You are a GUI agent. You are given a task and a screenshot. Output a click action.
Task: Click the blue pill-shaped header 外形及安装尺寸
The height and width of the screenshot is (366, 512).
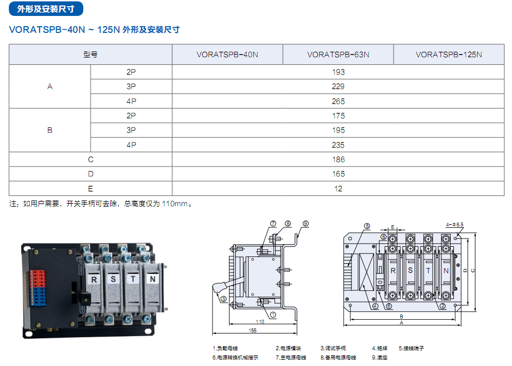[x=46, y=9]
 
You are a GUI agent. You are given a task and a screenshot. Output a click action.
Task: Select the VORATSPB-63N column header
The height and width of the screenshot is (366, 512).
[x=338, y=54]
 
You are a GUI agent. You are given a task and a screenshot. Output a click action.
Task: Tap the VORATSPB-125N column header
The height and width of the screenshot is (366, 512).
[x=449, y=54]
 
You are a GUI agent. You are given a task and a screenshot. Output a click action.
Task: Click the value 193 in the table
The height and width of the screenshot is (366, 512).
[x=338, y=72]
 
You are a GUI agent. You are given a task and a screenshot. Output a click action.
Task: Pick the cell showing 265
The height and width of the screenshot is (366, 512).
[x=338, y=101]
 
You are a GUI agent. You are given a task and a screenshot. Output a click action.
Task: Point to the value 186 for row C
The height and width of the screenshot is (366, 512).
[x=338, y=159]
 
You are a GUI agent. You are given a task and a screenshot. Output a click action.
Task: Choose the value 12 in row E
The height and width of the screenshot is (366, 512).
[x=338, y=189]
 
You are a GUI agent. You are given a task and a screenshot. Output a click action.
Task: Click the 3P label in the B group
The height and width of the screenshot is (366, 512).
[x=131, y=130]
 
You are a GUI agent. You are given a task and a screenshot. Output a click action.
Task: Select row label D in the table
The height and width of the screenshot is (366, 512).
[x=91, y=174]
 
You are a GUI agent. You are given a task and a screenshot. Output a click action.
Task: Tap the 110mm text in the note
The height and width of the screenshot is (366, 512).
[x=174, y=204]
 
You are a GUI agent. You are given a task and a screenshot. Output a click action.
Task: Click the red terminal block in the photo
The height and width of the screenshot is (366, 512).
[x=38, y=279]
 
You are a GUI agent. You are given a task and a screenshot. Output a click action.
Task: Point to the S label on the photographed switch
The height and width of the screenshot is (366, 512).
[x=113, y=279]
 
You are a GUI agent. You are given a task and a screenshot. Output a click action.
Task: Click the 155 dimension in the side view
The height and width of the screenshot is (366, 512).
[x=253, y=331]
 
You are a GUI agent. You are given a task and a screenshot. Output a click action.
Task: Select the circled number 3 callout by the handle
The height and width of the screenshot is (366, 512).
[x=224, y=299]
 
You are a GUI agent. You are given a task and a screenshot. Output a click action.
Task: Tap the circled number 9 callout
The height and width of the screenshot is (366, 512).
[x=306, y=224]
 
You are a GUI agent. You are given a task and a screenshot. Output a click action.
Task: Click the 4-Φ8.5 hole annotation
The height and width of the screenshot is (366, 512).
[x=454, y=225]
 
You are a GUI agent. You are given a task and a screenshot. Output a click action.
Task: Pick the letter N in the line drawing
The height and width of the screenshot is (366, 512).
[x=446, y=271]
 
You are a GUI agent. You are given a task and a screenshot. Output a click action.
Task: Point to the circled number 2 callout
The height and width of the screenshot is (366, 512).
[x=443, y=306]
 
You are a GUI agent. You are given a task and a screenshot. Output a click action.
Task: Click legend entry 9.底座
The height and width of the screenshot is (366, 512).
[x=379, y=358]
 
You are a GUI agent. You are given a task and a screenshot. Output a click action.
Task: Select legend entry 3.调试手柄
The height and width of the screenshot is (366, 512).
[x=333, y=349]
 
